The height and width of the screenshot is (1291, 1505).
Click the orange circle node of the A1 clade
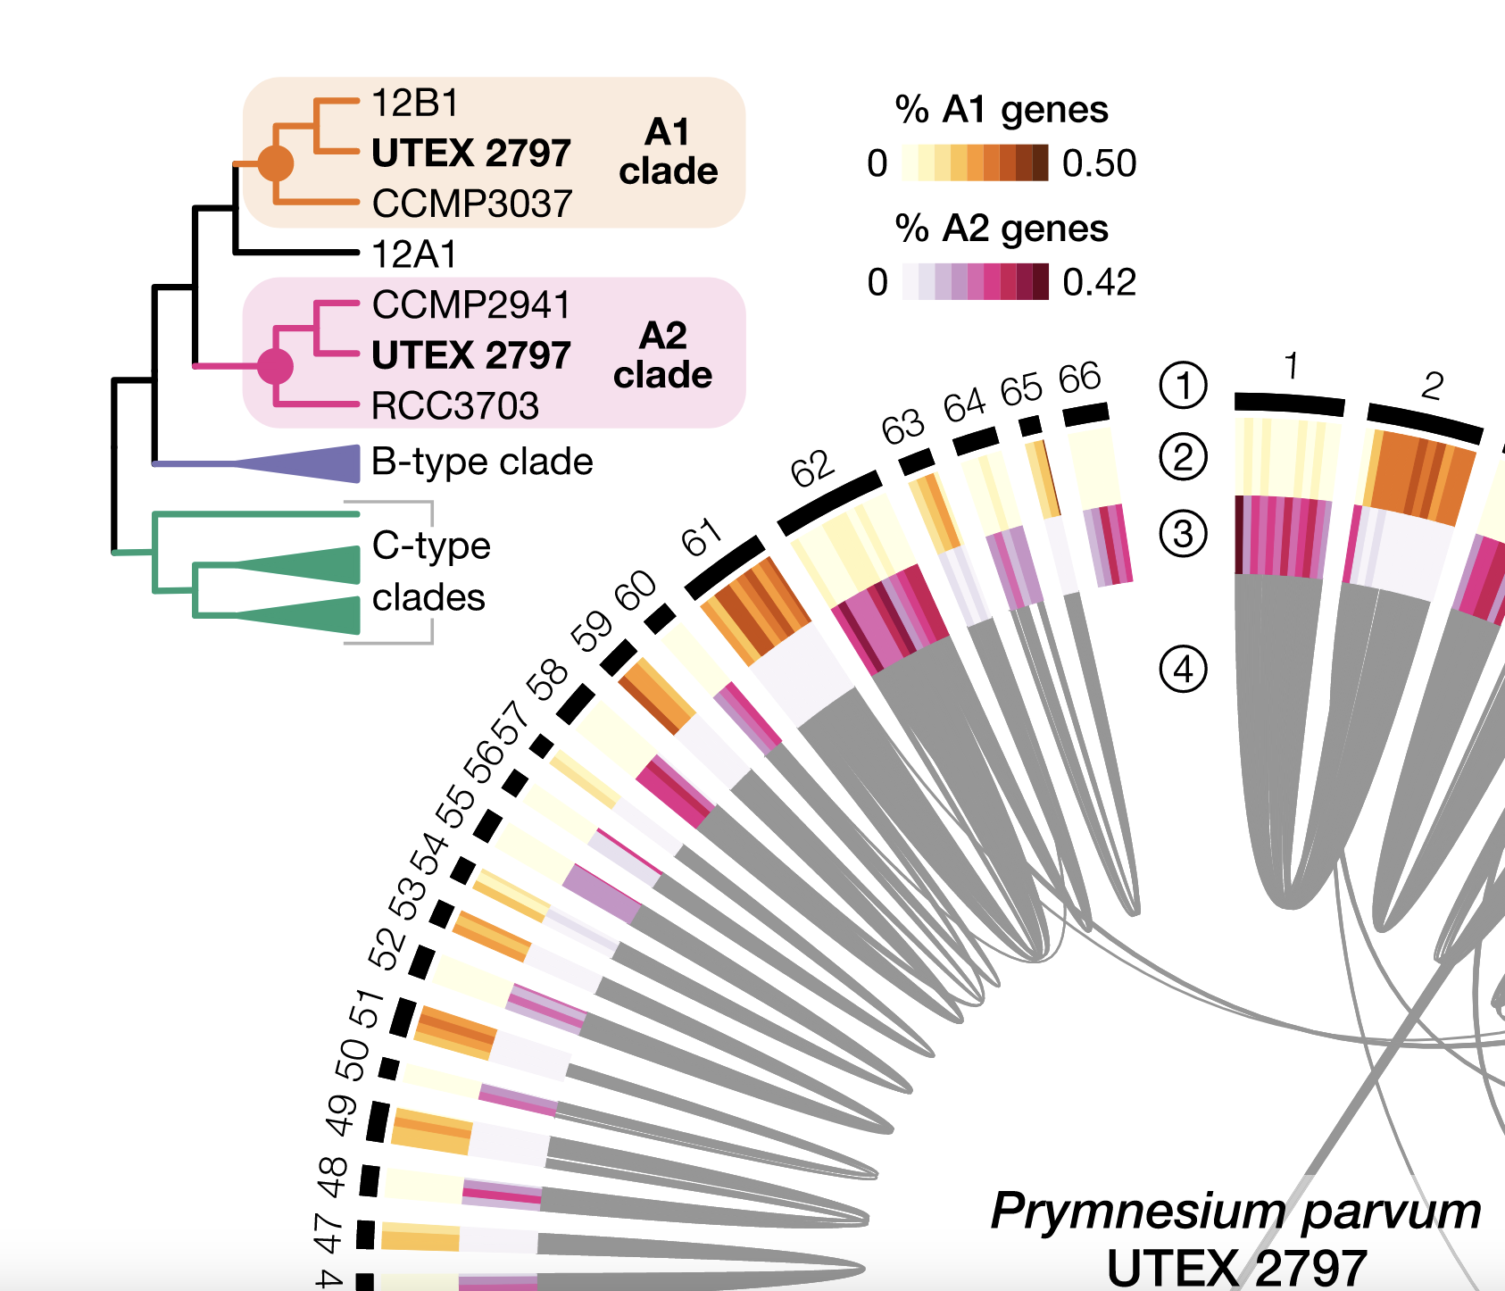[275, 163]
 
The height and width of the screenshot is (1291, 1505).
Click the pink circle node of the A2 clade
[275, 366]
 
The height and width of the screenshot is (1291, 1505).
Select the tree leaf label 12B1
[415, 104]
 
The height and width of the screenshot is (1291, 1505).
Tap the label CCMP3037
[471, 204]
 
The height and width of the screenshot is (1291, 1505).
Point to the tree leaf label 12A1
[413, 255]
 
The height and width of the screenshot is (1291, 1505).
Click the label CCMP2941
[470, 305]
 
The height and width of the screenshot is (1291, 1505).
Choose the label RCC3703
[455, 406]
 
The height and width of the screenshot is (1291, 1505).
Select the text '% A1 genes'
[1002, 110]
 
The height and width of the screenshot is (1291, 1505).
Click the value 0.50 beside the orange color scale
[1099, 163]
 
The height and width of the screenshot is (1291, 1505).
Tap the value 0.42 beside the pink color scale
[1099, 283]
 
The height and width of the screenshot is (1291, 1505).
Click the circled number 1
[1183, 386]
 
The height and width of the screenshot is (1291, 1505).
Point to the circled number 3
[1183, 534]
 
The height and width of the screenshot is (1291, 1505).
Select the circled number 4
[1183, 669]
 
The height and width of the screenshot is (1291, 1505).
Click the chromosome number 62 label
[812, 469]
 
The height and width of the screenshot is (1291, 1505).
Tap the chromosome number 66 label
[1079, 379]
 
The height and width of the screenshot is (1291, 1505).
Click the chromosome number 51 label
[366, 1009]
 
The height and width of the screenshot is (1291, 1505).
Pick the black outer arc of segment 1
[1289, 404]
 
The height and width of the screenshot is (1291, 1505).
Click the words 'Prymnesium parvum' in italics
[1235, 1212]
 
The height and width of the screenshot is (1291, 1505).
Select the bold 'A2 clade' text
[662, 355]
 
